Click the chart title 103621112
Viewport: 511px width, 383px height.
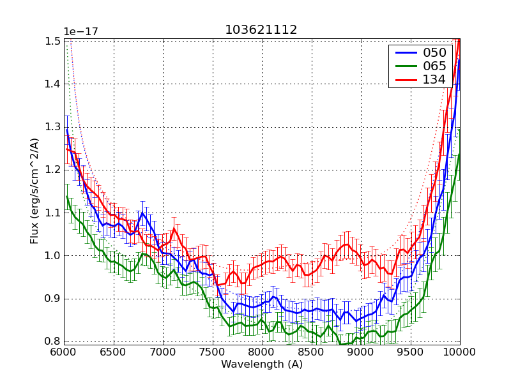[x=261, y=30]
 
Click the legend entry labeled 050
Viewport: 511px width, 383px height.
[x=434, y=53]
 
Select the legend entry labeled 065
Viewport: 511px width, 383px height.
[x=434, y=66]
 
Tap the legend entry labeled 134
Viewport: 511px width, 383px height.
[x=434, y=80]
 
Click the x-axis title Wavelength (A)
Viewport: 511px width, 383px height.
[x=262, y=364]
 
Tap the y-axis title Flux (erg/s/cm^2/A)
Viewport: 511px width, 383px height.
[x=34, y=191]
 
